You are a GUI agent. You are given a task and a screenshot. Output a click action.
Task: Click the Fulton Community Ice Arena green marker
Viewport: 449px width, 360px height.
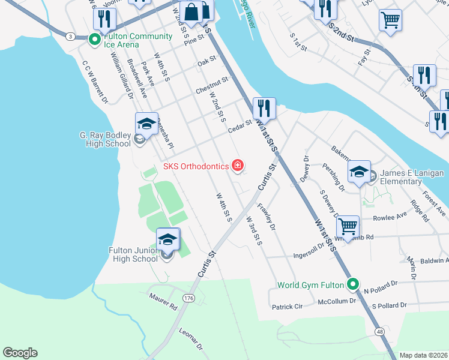[x=94, y=40]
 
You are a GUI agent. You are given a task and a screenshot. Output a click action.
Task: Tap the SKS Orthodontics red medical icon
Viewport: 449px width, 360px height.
[x=238, y=166]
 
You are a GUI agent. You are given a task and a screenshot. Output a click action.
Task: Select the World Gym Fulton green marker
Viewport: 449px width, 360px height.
[x=354, y=284]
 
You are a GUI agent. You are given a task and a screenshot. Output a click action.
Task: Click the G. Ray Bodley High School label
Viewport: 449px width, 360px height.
[x=105, y=139]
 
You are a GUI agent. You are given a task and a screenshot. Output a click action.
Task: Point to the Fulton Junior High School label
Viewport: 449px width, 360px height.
[x=133, y=254]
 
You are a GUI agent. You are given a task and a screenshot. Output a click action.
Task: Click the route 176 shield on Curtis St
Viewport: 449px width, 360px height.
[x=189, y=298]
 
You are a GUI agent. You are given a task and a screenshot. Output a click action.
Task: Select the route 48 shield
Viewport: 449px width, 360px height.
[x=380, y=332]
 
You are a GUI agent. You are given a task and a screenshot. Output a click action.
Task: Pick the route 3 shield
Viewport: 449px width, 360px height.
[x=71, y=37]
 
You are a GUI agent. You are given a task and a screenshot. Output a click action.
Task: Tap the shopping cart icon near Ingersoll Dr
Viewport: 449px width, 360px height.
[x=348, y=227]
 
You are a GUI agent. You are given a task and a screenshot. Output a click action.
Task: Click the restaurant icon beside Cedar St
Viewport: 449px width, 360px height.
[x=264, y=109]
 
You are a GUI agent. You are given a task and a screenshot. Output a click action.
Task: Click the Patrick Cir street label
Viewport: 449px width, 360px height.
[x=287, y=307]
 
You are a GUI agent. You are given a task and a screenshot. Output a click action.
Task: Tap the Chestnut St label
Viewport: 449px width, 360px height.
[x=212, y=85]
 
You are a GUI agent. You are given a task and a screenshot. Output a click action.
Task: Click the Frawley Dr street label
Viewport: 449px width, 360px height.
[x=267, y=218]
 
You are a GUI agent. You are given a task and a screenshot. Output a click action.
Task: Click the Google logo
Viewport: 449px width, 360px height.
[x=20, y=353]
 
